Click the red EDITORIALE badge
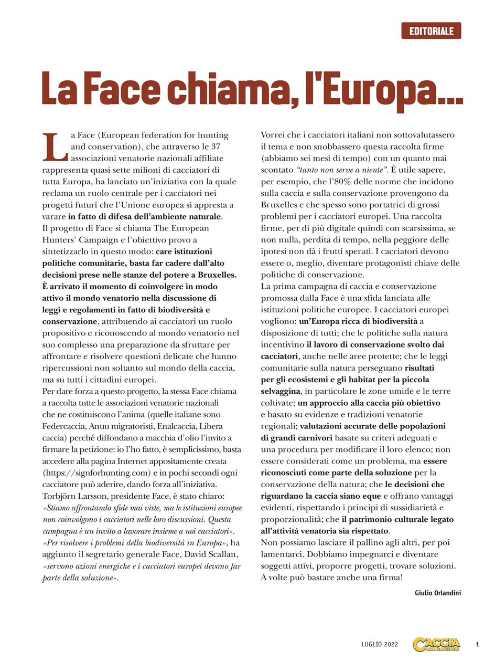tap(431, 31)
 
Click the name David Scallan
tap(214, 554)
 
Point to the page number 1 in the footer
tap(478, 644)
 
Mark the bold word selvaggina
tap(281, 391)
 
